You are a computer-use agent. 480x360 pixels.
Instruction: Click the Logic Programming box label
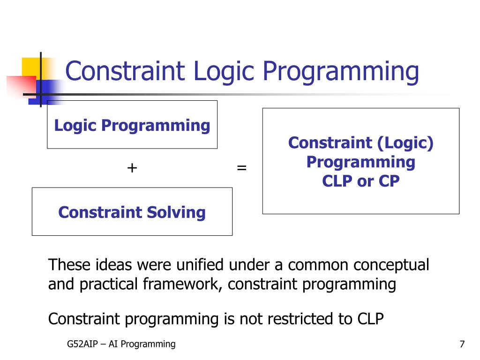coord(132,126)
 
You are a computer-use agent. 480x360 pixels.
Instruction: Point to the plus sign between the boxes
coord(132,168)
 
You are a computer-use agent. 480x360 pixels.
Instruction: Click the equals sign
coord(241,168)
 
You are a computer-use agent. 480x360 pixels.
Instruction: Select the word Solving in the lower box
coord(176,213)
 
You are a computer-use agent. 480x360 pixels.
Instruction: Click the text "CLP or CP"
coord(361,181)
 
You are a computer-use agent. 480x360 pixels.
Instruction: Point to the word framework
coord(183,284)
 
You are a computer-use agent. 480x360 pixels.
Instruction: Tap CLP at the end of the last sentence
coord(370,319)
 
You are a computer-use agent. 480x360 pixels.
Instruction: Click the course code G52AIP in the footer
coord(82,344)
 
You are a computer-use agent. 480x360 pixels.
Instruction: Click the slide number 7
coord(462,344)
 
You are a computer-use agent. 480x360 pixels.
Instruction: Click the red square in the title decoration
coord(22,87)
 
